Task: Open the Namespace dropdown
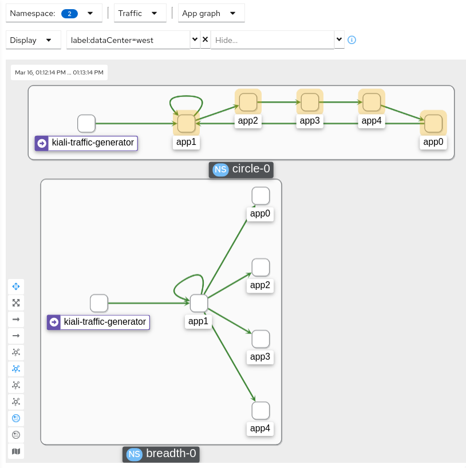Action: [53, 13]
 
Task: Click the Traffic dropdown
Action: [140, 13]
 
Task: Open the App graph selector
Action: [211, 13]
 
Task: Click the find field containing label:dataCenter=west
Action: [128, 40]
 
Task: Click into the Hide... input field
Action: [272, 40]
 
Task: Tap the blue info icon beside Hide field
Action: [352, 40]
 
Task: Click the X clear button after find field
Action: [205, 40]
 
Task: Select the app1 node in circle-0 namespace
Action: [186, 124]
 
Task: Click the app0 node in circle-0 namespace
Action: [433, 124]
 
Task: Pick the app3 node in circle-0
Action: [310, 103]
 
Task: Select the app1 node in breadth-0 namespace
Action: [199, 303]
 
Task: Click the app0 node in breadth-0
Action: [260, 196]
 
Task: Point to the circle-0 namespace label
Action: [241, 170]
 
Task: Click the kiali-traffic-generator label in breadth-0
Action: [98, 322]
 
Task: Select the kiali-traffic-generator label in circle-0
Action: [86, 143]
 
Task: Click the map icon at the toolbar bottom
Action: [16, 451]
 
